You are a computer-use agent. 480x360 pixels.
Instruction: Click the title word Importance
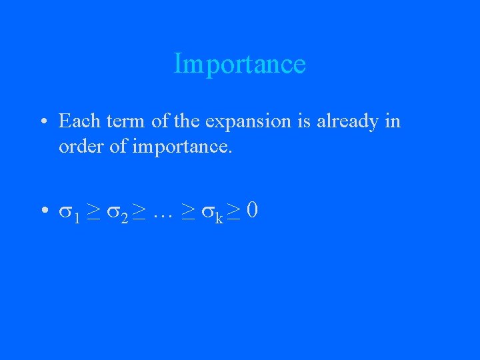click(x=239, y=64)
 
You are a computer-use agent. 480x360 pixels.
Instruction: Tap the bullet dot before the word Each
click(x=42, y=123)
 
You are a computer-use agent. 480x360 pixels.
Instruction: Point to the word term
click(x=120, y=121)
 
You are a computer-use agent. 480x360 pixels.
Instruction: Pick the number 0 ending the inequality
click(x=252, y=211)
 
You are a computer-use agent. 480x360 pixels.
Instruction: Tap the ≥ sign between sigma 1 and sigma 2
click(x=93, y=212)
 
